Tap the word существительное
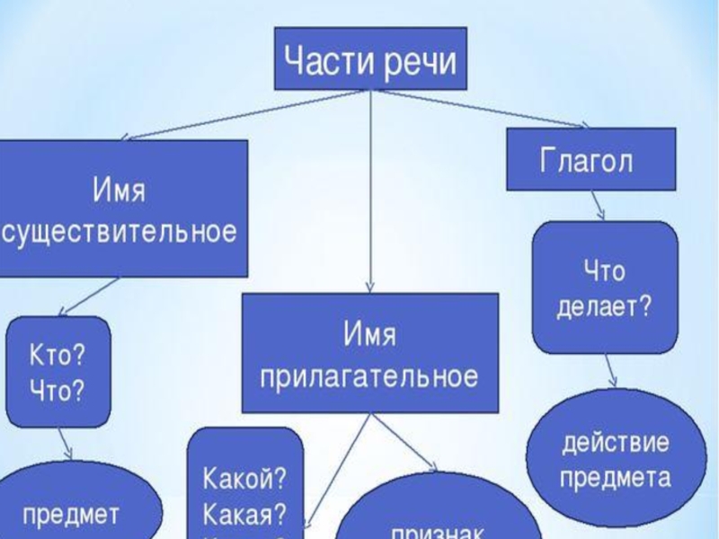pyautogui.click(x=121, y=233)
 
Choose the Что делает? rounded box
pyautogui.click(x=605, y=287)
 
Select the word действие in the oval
pyautogui.click(x=616, y=445)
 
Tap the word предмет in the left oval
pyautogui.click(x=72, y=515)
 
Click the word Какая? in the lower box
pyautogui.click(x=244, y=514)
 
